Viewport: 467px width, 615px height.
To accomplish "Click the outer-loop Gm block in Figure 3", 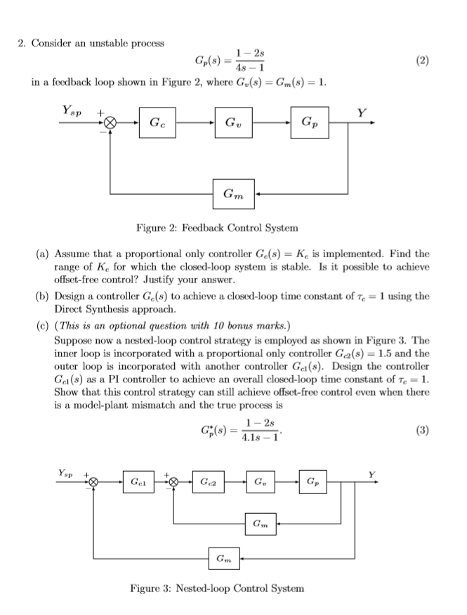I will (x=224, y=559).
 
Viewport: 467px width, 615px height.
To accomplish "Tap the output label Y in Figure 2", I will (x=362, y=111).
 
